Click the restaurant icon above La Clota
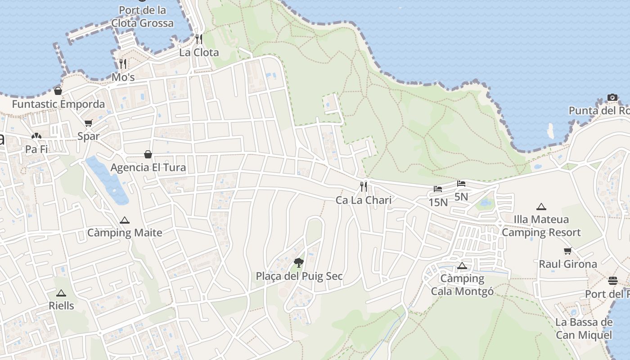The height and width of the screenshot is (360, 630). pyautogui.click(x=199, y=39)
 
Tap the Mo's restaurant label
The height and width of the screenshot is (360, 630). pyautogui.click(x=123, y=77)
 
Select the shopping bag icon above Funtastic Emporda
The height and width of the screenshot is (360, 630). pyautogui.click(x=58, y=91)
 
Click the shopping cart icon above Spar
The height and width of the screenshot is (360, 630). pyautogui.click(x=88, y=123)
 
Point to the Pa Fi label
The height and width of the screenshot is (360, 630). pyautogui.click(x=36, y=149)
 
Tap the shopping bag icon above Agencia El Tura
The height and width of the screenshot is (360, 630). pyautogui.click(x=148, y=155)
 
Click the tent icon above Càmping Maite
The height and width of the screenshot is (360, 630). pyautogui.click(x=125, y=220)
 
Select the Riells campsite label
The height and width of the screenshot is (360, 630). pyautogui.click(x=61, y=306)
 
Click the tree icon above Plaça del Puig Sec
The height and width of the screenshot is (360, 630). pyautogui.click(x=298, y=263)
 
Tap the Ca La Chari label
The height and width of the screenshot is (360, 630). pyautogui.click(x=364, y=200)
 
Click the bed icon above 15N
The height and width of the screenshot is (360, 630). pyautogui.click(x=438, y=189)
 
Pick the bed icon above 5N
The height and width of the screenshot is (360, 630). pyautogui.click(x=461, y=184)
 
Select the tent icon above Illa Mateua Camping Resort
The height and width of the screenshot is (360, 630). pyautogui.click(x=541, y=207)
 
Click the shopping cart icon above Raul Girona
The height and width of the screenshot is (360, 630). pyautogui.click(x=568, y=251)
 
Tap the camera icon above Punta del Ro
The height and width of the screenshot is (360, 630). pyautogui.click(x=612, y=97)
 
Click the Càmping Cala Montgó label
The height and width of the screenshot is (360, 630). pyautogui.click(x=462, y=285)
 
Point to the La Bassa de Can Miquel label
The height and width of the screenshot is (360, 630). pyautogui.click(x=584, y=328)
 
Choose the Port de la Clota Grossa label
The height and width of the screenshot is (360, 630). pyautogui.click(x=142, y=17)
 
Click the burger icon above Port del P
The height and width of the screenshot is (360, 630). pyautogui.click(x=613, y=281)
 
